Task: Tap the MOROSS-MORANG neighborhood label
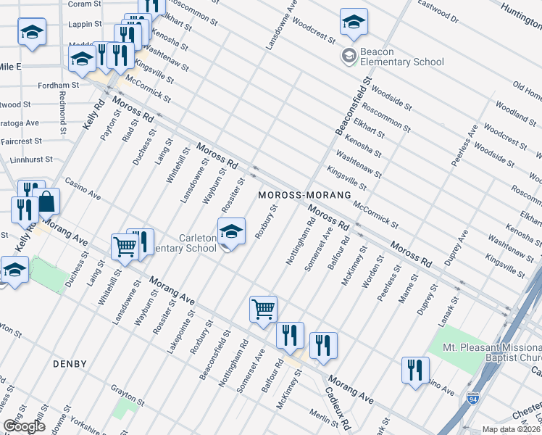tap(304, 196)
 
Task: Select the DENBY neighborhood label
tap(70, 363)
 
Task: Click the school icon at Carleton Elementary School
tap(231, 232)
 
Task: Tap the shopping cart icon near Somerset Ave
tap(263, 309)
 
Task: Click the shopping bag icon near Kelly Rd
tap(46, 202)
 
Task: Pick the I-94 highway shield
tap(472, 399)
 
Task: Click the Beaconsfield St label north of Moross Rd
tap(352, 107)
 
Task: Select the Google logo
tap(24, 426)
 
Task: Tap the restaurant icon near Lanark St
tap(415, 369)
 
